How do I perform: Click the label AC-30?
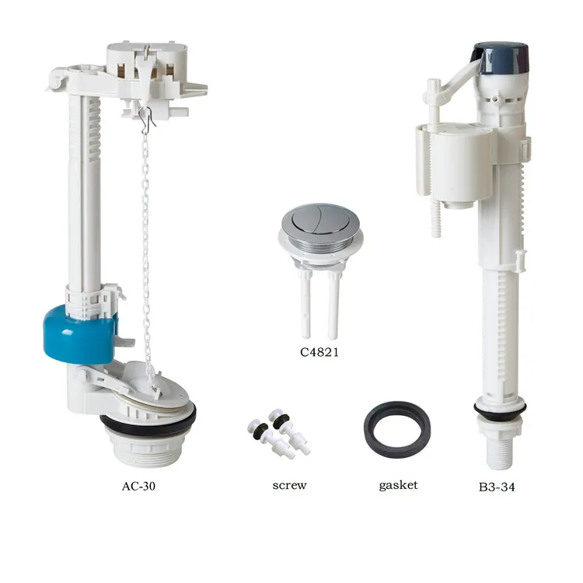[138, 486]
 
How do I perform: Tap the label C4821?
[319, 352]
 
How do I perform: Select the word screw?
[289, 485]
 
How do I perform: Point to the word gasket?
[398, 485]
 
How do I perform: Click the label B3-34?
[497, 487]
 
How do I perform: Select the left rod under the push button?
[305, 304]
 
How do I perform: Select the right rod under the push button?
[333, 305]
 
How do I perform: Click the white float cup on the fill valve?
[454, 163]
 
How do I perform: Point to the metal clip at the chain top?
[147, 118]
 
